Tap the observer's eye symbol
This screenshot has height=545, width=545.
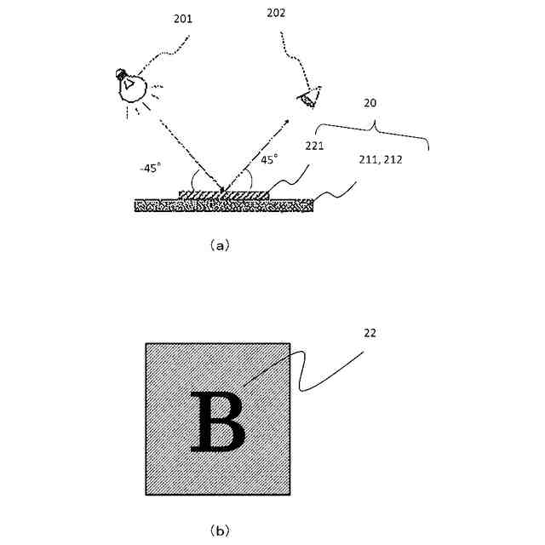(308, 99)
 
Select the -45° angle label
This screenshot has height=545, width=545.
(151, 168)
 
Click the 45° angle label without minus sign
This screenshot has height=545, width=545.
(269, 158)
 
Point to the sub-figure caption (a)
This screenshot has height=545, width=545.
(218, 245)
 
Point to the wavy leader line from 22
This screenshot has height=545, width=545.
(332, 371)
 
